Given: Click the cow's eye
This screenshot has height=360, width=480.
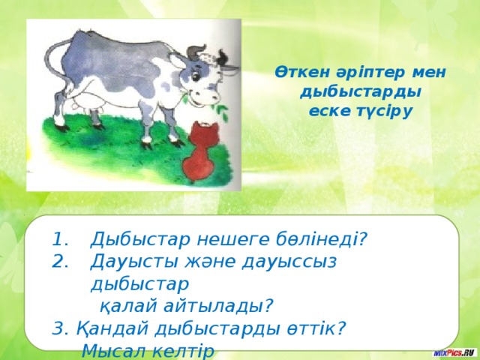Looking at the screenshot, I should [x=201, y=74].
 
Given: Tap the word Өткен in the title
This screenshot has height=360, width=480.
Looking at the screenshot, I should [x=297, y=73].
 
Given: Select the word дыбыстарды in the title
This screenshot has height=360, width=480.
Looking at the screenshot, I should [x=359, y=91].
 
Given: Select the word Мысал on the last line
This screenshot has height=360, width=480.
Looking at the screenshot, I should [x=114, y=351].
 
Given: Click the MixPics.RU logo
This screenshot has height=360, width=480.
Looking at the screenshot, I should [x=454, y=352].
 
